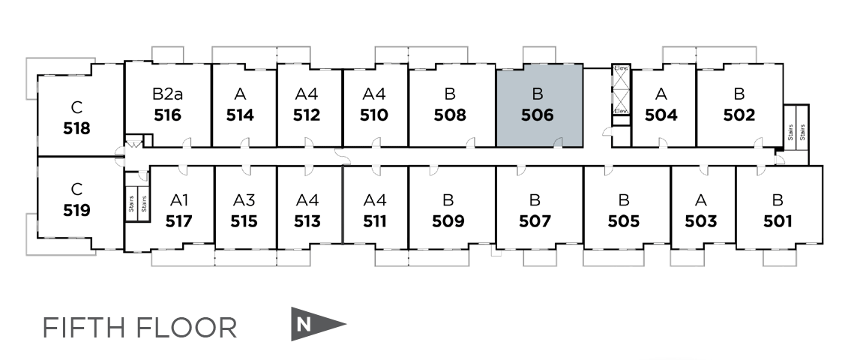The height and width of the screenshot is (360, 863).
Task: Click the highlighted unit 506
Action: (x=539, y=106)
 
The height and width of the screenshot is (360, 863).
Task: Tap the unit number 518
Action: (x=77, y=128)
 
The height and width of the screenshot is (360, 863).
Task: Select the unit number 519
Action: (x=77, y=211)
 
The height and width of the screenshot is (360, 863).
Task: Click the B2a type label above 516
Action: (x=167, y=94)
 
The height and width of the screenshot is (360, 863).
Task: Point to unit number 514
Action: (x=240, y=115)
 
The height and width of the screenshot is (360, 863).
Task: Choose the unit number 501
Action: (x=778, y=221)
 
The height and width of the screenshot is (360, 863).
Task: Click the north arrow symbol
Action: (x=315, y=324)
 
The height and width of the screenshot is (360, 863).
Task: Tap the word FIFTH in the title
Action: (x=84, y=328)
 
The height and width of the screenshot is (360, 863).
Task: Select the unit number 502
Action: (x=739, y=115)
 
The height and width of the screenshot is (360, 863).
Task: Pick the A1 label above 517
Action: (x=179, y=200)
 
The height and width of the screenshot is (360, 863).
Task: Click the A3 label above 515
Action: (x=244, y=200)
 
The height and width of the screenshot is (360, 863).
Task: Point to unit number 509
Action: (x=448, y=221)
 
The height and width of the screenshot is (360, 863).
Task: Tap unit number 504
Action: (x=661, y=115)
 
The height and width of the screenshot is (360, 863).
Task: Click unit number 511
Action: (x=374, y=221)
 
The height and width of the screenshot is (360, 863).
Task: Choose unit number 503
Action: (x=701, y=221)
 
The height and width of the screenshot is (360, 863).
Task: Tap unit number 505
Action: (x=624, y=221)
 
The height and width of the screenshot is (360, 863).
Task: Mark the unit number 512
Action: (x=307, y=115)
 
